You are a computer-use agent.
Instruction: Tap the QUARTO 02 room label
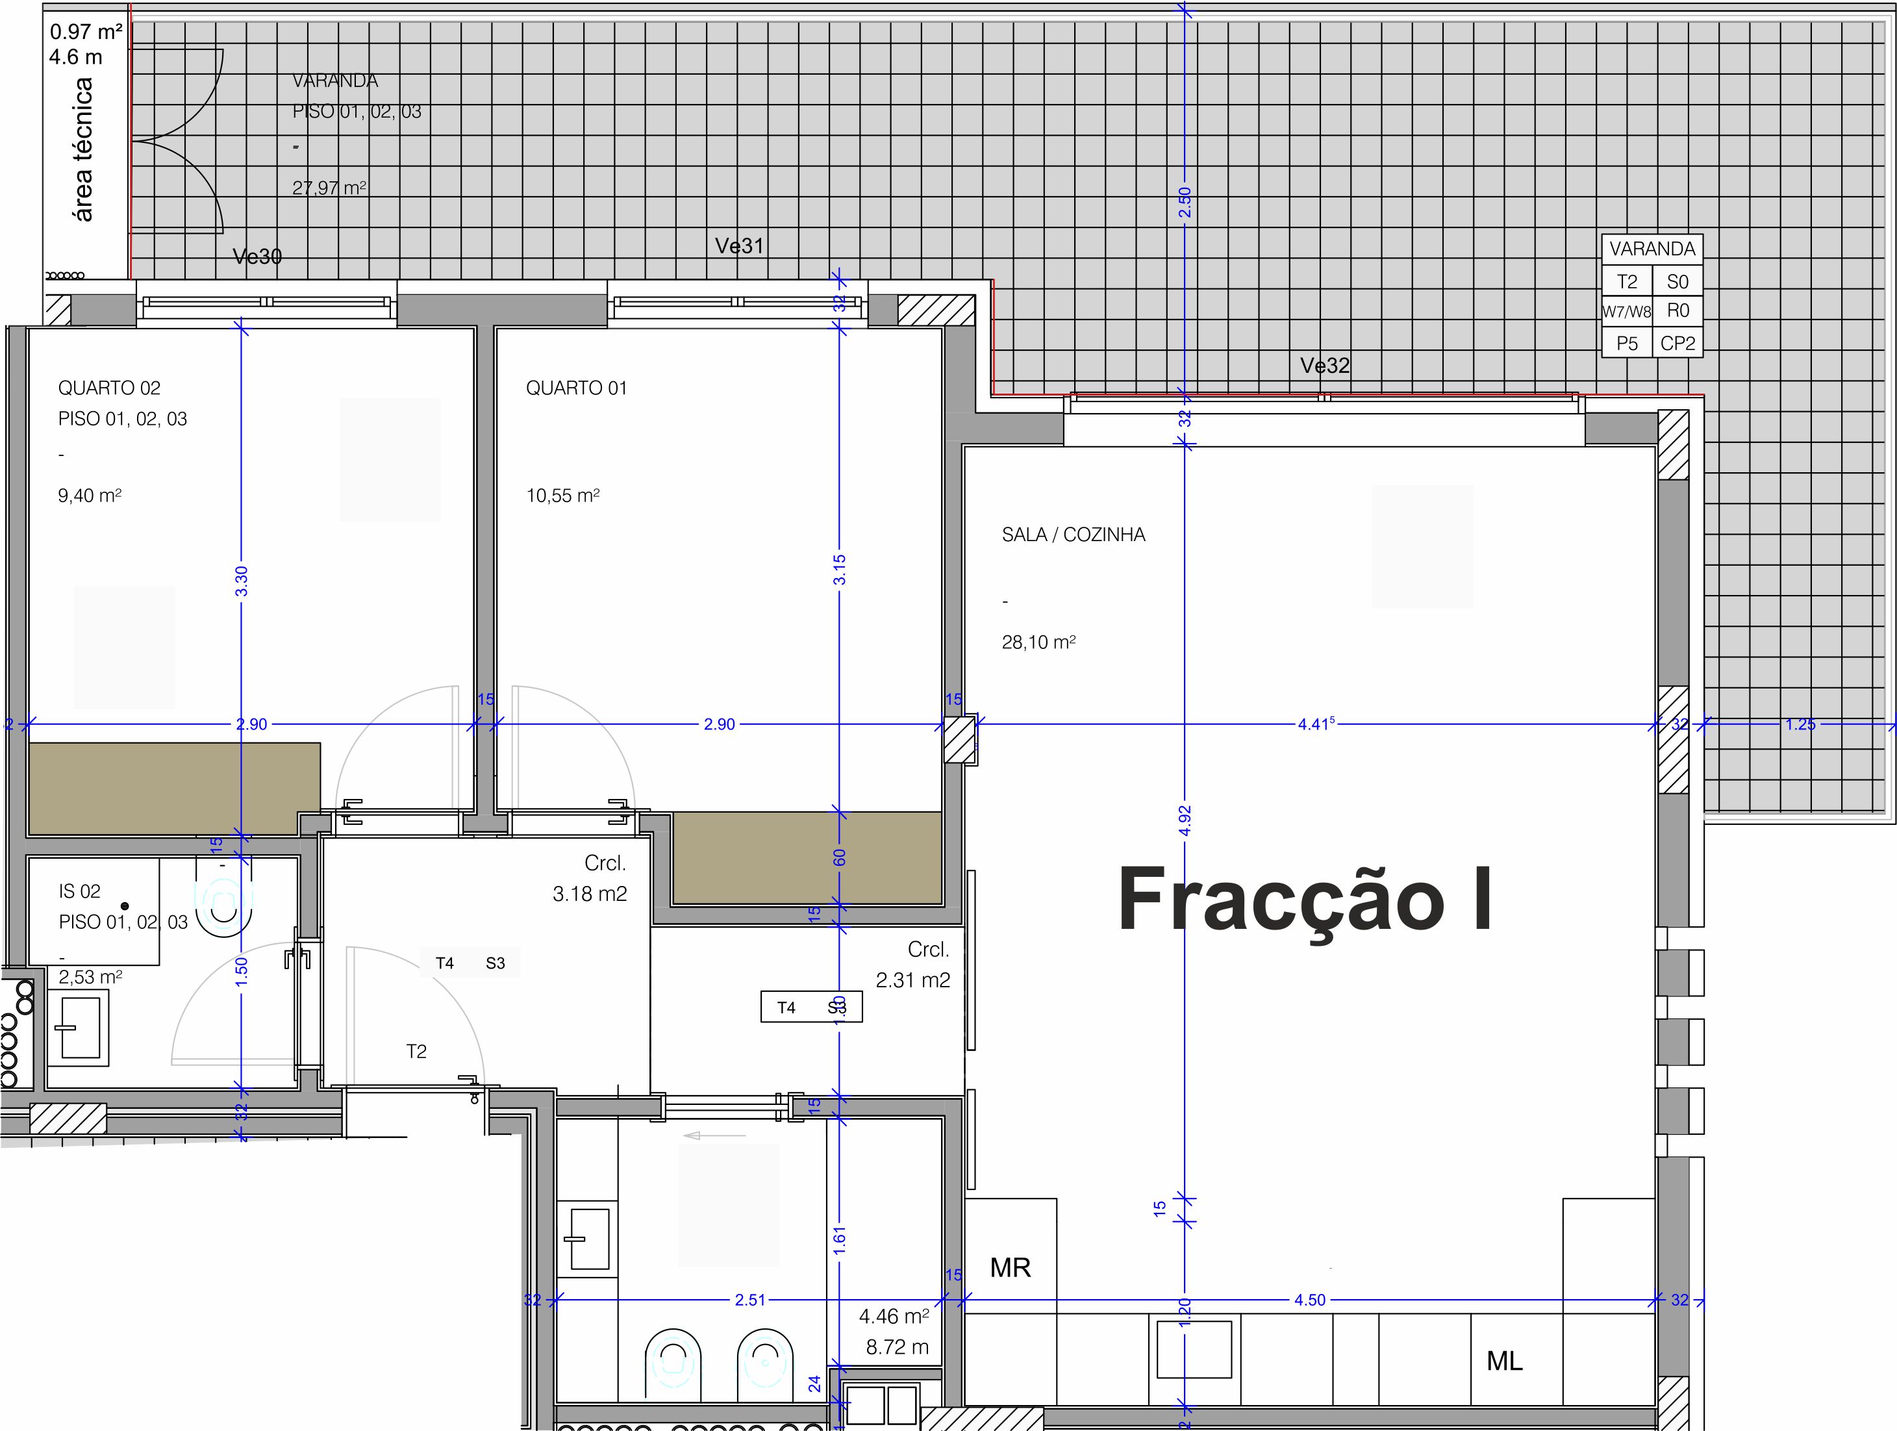pyautogui.click(x=109, y=388)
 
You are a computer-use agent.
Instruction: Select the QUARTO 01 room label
pyautogui.click(x=576, y=388)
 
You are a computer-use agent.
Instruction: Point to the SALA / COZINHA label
pyautogui.click(x=1073, y=535)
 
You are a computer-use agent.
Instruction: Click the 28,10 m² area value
pyautogui.click(x=1038, y=642)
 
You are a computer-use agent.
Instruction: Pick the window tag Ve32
pyautogui.click(x=1324, y=366)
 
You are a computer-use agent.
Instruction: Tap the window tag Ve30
pyautogui.click(x=257, y=256)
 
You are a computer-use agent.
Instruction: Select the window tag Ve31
pyautogui.click(x=739, y=246)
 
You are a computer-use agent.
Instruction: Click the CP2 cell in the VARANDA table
pyautogui.click(x=1677, y=343)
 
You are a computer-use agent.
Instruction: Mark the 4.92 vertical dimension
pyautogui.click(x=1185, y=821)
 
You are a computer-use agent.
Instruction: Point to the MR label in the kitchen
pyautogui.click(x=1011, y=1268)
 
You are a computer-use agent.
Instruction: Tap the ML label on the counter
pyautogui.click(x=1504, y=1361)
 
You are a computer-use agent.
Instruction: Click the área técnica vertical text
pyautogui.click(x=83, y=149)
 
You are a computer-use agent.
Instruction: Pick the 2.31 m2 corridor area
pyautogui.click(x=912, y=980)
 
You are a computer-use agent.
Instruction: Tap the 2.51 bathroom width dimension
pyautogui.click(x=749, y=1300)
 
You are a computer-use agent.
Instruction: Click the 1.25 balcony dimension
pyautogui.click(x=1800, y=724)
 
